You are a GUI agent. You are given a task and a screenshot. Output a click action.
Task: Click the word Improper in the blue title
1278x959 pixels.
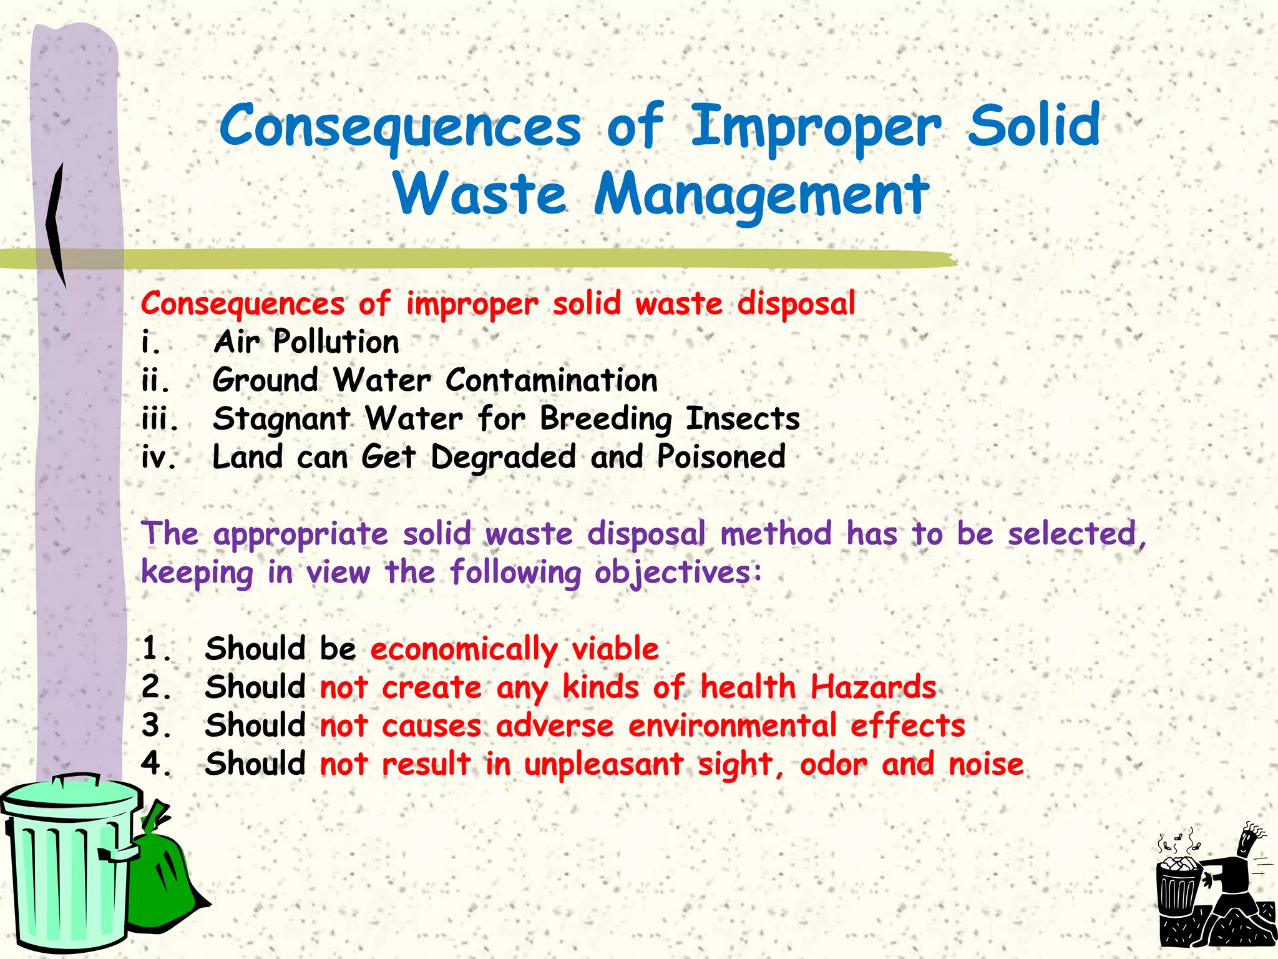(x=816, y=127)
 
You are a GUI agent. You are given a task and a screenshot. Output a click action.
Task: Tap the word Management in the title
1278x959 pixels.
(x=761, y=195)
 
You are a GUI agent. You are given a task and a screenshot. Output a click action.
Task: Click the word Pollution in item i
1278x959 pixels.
(x=336, y=342)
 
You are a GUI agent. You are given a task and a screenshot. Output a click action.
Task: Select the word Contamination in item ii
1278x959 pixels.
(x=552, y=380)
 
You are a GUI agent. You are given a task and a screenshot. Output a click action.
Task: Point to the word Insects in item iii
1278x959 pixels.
(x=743, y=418)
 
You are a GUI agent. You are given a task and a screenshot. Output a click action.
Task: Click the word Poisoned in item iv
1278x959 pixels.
(x=721, y=457)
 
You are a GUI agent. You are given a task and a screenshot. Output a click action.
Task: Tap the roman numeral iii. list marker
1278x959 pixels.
(x=160, y=419)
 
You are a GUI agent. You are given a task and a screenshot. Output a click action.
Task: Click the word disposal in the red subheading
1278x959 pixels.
(x=796, y=304)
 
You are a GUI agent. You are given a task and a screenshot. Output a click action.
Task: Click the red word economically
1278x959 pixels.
(x=464, y=649)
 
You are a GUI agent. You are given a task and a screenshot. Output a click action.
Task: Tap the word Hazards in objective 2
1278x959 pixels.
(x=873, y=687)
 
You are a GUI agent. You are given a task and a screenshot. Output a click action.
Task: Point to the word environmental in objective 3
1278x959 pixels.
(x=732, y=726)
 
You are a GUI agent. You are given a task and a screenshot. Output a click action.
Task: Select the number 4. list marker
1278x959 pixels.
(x=156, y=764)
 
